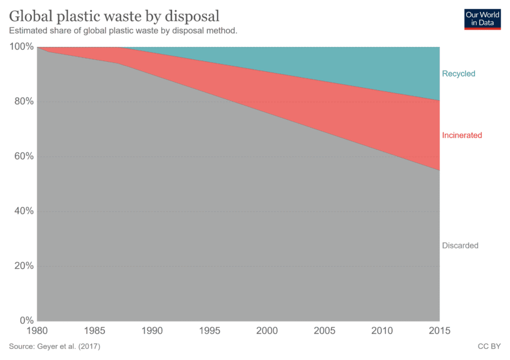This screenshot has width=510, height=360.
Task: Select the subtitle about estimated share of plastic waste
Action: (x=123, y=30)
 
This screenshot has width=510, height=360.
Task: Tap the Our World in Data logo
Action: (x=482, y=18)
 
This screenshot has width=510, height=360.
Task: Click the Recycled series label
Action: (x=458, y=74)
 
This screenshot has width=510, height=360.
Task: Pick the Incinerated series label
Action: (x=462, y=135)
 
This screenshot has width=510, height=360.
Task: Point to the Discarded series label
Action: (x=460, y=246)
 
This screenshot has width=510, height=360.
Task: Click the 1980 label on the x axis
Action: (x=37, y=330)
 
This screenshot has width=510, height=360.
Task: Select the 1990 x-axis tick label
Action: (x=152, y=330)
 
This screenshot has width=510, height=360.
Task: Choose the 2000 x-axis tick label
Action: (x=267, y=330)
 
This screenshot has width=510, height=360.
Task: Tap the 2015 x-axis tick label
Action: (x=439, y=330)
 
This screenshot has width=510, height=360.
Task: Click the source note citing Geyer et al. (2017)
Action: (x=55, y=346)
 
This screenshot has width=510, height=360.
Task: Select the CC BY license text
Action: (x=489, y=346)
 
